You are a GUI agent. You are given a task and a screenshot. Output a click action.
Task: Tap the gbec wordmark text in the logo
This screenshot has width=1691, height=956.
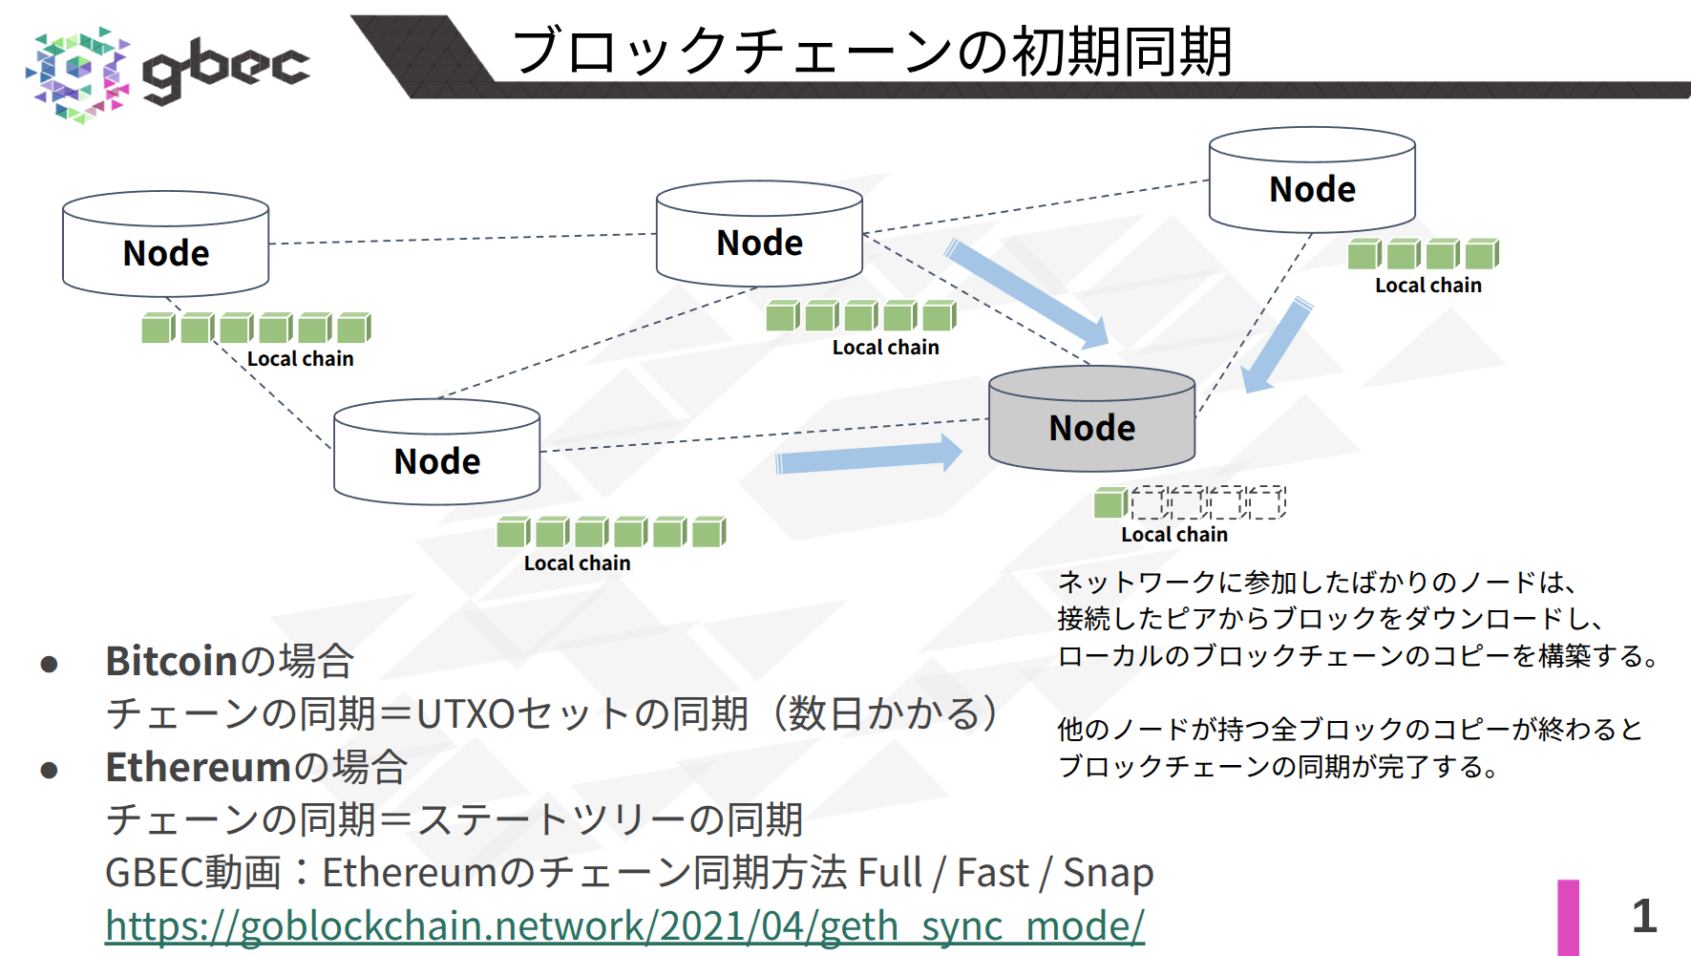[x=226, y=69]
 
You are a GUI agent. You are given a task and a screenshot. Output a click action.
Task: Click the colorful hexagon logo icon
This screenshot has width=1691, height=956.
[x=77, y=74]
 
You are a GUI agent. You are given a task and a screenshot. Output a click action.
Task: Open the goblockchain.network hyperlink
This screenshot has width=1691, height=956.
[x=624, y=925]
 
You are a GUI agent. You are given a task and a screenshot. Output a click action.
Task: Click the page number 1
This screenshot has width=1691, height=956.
[x=1643, y=916]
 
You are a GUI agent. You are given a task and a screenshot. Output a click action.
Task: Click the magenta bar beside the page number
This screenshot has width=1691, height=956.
[x=1568, y=917]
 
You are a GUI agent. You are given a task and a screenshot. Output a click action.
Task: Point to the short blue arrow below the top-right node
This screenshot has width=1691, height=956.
[x=1278, y=346]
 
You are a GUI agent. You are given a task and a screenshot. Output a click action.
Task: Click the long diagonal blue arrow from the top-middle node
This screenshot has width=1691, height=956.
[x=1026, y=293]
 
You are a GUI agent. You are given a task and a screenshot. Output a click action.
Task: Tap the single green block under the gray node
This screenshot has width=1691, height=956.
[x=1110, y=502]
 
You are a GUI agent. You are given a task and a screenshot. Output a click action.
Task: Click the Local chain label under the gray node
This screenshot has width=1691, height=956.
[x=1173, y=535]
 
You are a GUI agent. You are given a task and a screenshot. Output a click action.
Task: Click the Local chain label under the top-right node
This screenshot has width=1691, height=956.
[x=1427, y=286]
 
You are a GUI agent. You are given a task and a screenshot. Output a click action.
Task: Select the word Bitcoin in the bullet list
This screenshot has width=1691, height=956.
[x=171, y=661]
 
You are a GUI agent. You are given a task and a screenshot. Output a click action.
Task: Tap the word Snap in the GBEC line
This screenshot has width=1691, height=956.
[x=1108, y=873]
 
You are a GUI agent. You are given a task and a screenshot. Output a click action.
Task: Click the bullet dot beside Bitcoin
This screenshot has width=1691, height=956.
[x=50, y=664]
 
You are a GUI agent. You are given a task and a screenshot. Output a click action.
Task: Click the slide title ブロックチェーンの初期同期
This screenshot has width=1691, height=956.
[x=872, y=51]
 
